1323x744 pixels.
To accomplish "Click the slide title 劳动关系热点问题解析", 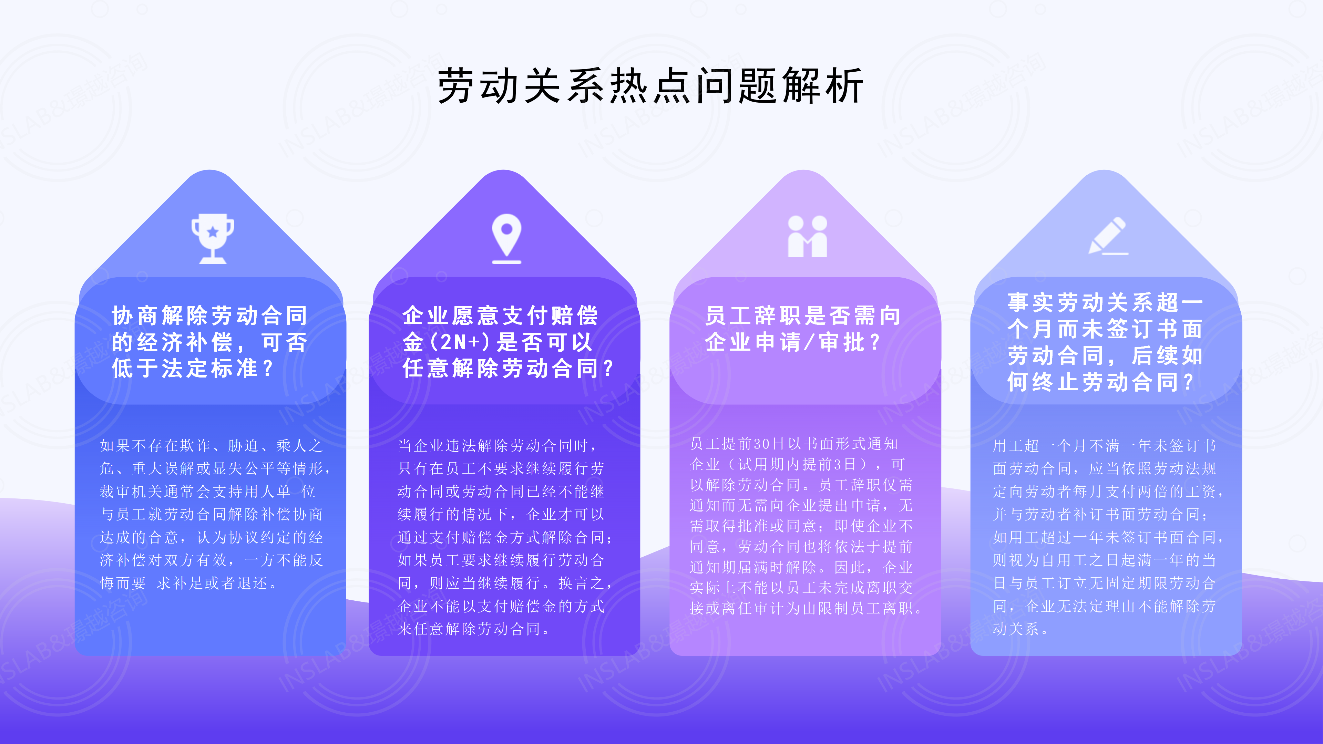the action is tap(650, 86).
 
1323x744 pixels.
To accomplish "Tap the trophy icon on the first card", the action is tap(213, 239).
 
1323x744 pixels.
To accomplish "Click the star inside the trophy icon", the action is tap(213, 232).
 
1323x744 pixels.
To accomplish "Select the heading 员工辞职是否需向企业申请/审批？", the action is tap(803, 329).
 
